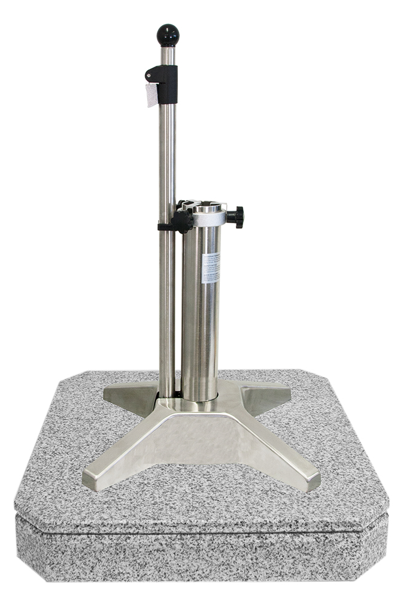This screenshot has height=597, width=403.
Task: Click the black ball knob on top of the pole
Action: click(x=168, y=34)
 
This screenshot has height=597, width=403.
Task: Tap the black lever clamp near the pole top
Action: click(x=164, y=76)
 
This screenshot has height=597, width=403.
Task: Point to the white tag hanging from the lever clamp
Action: click(x=151, y=95)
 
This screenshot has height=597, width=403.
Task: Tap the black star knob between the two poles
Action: click(x=182, y=221)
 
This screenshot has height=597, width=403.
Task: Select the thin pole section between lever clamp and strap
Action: click(x=167, y=156)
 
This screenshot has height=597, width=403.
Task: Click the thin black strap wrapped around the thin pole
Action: click(x=165, y=227)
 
